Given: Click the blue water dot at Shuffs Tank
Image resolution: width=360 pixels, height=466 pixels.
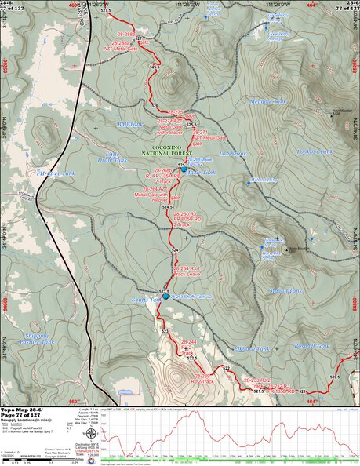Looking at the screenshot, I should tap(165, 296).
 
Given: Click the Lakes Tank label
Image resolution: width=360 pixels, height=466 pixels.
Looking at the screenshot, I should tap(233, 153).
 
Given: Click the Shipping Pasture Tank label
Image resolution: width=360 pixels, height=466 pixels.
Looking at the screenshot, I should tap(36, 338).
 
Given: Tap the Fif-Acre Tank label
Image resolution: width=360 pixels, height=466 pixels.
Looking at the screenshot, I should tap(56, 173).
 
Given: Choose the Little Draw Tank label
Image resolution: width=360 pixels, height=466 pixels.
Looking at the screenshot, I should tap(116, 157).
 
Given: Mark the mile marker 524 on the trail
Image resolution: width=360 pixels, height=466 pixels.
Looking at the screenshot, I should tap(175, 249).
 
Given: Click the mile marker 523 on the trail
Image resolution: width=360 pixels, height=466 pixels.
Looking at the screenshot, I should tap(165, 332).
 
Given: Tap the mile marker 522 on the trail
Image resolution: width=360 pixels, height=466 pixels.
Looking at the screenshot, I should tap(225, 368).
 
